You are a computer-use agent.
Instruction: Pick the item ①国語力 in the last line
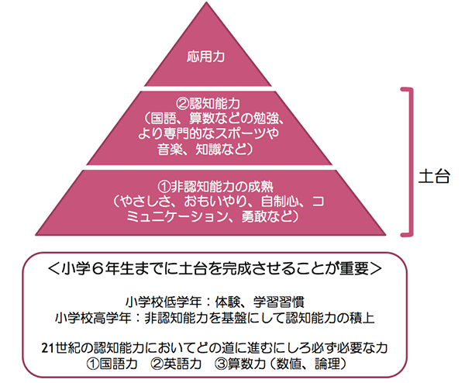(x=112, y=363)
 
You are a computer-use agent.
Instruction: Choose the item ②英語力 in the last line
(x=179, y=363)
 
